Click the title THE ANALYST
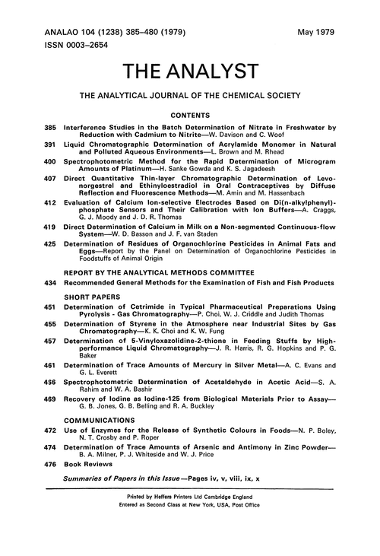[x=190, y=71]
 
